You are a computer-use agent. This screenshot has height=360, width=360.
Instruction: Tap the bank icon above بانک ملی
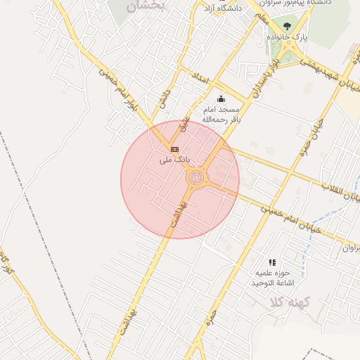point(174,149)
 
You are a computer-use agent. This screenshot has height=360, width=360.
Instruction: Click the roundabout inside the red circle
point(197,179)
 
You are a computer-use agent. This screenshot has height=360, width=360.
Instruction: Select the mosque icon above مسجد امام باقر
point(221,98)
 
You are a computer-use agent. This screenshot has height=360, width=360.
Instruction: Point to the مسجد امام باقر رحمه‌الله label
point(221,115)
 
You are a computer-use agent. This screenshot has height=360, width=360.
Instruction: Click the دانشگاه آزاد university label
point(219,9)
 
